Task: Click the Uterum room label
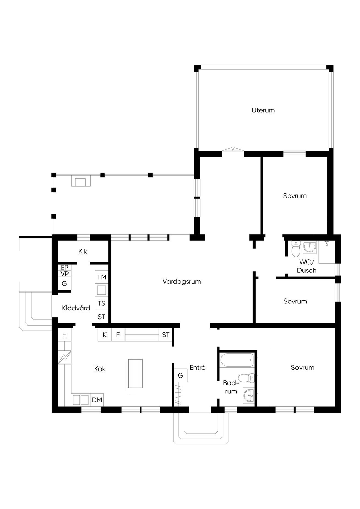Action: tap(263, 110)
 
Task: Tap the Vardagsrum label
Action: tap(182, 282)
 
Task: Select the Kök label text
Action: tap(100, 369)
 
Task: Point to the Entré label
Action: tap(197, 367)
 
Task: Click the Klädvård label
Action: tap(76, 308)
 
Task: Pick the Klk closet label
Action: tap(83, 252)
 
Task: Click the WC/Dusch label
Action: tap(307, 266)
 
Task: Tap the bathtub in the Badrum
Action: tap(237, 360)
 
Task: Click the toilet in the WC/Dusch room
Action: tap(296, 249)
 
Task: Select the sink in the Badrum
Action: tap(249, 395)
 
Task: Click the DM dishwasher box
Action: tap(97, 400)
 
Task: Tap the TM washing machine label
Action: tap(102, 277)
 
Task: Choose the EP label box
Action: tap(65, 268)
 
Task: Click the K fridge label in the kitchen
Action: tap(104, 335)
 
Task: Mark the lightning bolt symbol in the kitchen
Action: tap(65, 357)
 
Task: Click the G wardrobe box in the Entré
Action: tap(180, 375)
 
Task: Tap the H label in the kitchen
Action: tap(65, 335)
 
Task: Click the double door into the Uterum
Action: tap(233, 149)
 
